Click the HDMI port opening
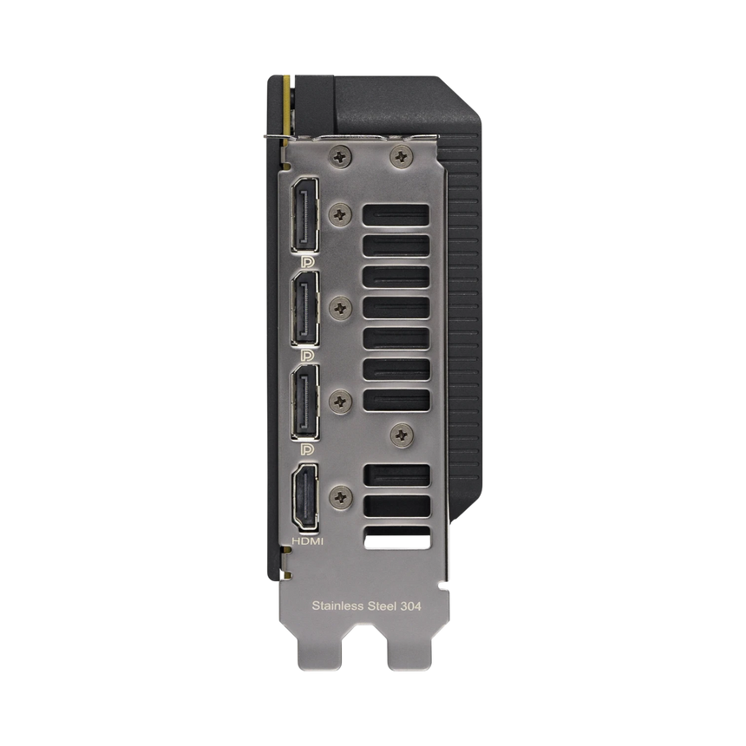click(306, 496)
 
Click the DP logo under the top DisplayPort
click(306, 259)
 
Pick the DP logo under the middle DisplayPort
click(306, 355)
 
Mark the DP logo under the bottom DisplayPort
click(306, 449)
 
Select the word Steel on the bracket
click(383, 606)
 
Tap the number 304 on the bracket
click(410, 606)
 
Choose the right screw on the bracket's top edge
click(400, 156)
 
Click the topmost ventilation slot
click(396, 217)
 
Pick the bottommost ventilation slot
click(396, 537)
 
